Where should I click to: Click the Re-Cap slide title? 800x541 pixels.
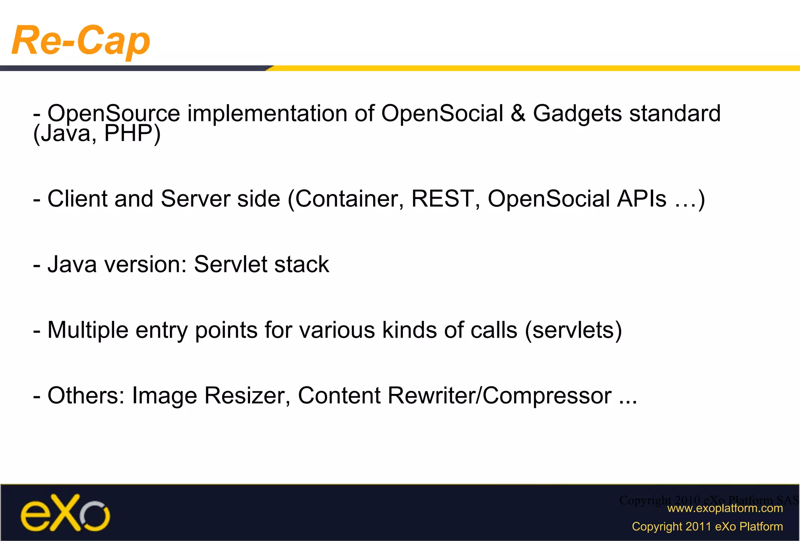coord(81,41)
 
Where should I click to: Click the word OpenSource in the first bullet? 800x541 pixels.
coord(113,114)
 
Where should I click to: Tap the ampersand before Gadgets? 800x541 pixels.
coord(518,114)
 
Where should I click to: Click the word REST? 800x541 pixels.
coord(443,199)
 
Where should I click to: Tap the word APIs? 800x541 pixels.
coord(641,199)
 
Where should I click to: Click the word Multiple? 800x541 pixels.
coord(87,330)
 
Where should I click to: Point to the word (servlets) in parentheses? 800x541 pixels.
coord(573,330)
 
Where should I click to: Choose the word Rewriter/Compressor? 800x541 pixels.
coord(500,396)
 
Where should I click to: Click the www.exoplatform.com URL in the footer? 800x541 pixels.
coord(725,508)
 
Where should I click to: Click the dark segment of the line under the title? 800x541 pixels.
coord(133,68)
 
